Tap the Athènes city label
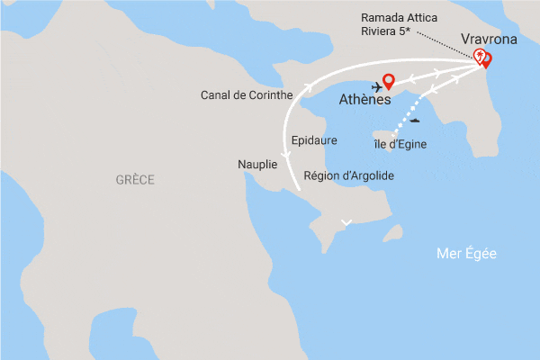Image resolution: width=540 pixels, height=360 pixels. click(x=364, y=100)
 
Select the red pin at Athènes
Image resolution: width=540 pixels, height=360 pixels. click(x=389, y=80)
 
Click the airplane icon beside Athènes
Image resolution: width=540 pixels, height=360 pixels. click(x=374, y=87)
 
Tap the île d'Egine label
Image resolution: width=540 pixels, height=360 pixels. click(x=400, y=144)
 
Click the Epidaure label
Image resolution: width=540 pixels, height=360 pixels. click(x=314, y=141)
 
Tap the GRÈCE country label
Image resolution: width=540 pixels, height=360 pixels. click(x=135, y=180)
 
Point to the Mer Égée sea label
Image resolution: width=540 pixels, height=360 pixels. click(x=466, y=255)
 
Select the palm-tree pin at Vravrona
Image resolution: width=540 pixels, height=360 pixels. click(x=480, y=57)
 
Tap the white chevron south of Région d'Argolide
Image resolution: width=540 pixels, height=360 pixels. click(x=346, y=221)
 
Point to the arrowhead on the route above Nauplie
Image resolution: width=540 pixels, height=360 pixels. click(x=287, y=155)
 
